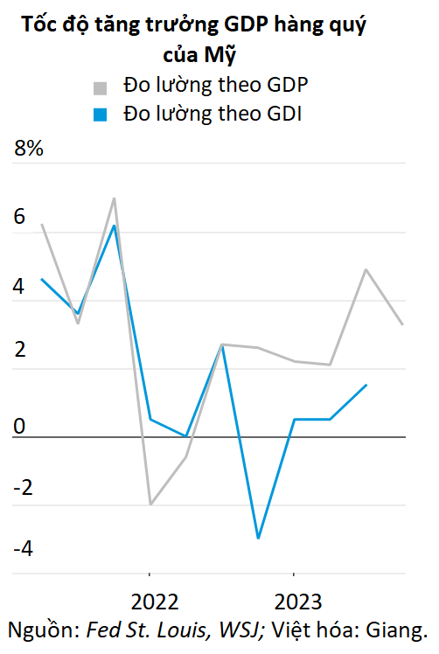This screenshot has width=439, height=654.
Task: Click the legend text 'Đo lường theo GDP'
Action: pyautogui.click(x=218, y=87)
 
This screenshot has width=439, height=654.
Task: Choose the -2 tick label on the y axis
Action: pyautogui.click(x=21, y=487)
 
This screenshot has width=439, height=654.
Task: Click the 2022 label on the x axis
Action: pyautogui.click(x=155, y=602)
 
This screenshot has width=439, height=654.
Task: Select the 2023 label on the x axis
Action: pyautogui.click(x=297, y=602)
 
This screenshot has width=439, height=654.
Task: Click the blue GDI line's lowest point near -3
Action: pyautogui.click(x=258, y=538)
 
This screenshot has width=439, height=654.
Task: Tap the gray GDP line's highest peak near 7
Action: pyautogui.click(x=115, y=198)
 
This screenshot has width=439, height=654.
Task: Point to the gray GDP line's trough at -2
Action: pyautogui.click(x=150, y=504)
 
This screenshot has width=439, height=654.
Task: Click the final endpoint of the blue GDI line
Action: pyautogui.click(x=366, y=385)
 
